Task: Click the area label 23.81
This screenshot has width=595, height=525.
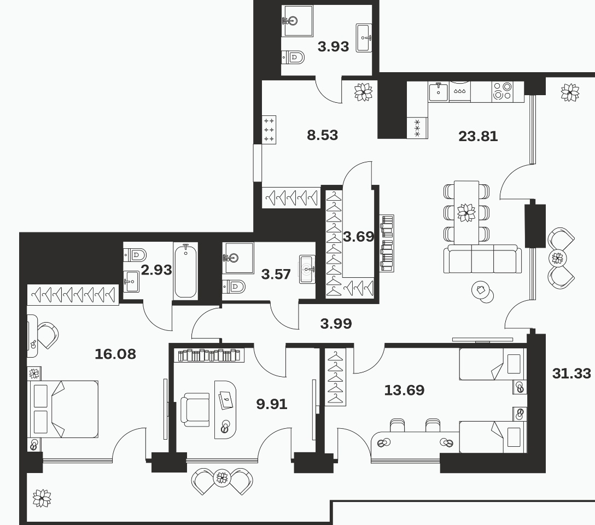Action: [x=478, y=136]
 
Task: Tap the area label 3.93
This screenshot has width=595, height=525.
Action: [x=333, y=46]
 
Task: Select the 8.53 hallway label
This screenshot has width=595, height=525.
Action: [x=322, y=135]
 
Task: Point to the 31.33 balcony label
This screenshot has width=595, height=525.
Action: [x=571, y=374]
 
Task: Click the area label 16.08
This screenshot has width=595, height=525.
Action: [x=115, y=354]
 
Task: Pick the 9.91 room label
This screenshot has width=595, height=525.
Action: [x=272, y=404]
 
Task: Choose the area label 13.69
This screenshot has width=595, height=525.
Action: [x=404, y=390]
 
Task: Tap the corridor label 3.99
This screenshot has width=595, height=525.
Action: [x=336, y=324]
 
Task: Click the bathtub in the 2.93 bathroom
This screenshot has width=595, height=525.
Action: [x=185, y=271]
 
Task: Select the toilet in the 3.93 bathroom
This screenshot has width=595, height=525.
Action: [x=294, y=57]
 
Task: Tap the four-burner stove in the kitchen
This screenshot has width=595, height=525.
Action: [x=503, y=91]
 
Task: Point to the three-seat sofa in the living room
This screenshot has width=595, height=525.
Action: [x=480, y=259]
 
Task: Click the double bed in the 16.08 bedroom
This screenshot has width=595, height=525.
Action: [x=63, y=409]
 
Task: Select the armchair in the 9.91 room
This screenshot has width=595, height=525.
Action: [x=195, y=410]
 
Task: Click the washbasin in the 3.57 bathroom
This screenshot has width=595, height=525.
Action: [x=307, y=269]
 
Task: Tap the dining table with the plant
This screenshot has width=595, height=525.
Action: [x=466, y=212]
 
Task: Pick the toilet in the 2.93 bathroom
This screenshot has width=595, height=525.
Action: [x=135, y=254]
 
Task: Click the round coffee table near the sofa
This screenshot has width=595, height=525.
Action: [x=482, y=291]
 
